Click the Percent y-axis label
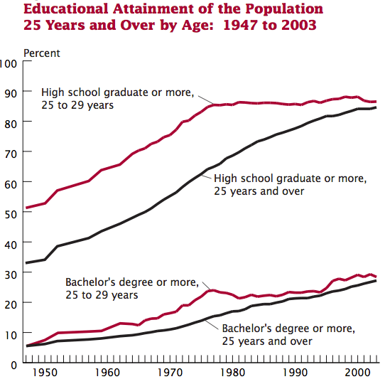[42, 53]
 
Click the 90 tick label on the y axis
[10, 92]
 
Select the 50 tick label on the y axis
[10, 213]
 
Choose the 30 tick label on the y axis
[10, 273]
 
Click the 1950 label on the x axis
[44, 373]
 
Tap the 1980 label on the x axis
[230, 373]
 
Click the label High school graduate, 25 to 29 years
[118, 99]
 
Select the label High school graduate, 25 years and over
[290, 184]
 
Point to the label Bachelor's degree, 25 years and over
[288, 335]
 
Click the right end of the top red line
[376, 102]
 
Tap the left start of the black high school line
[26, 263]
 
